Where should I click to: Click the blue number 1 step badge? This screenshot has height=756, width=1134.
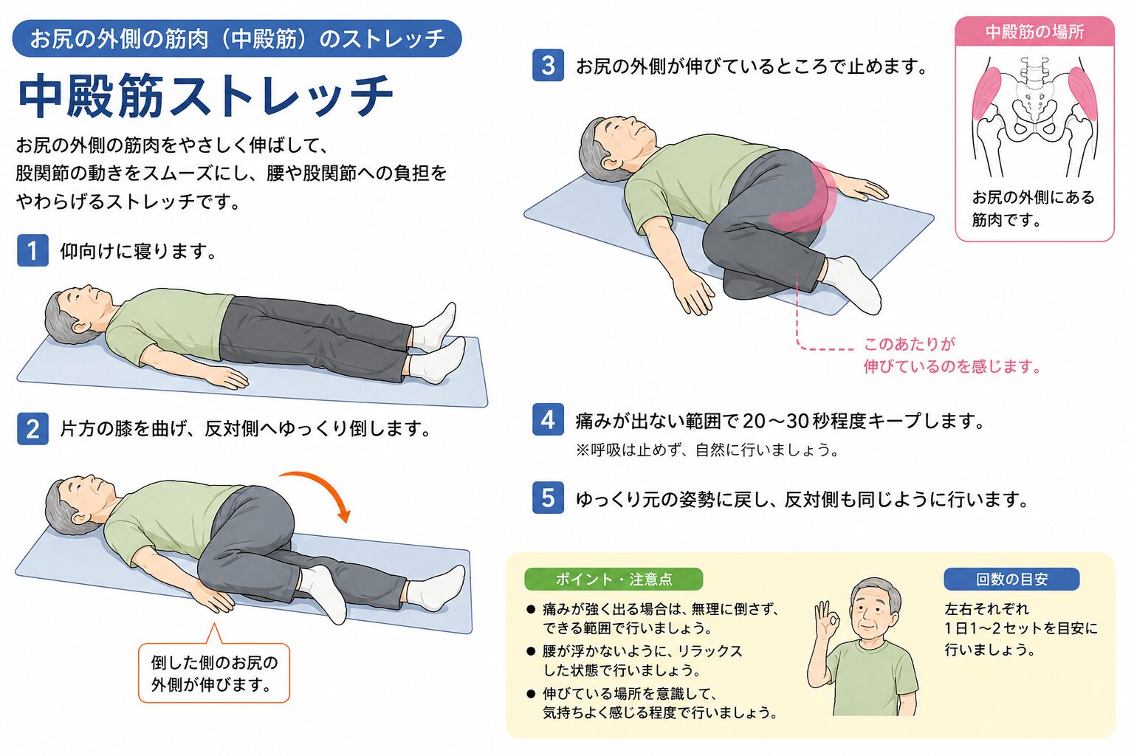click(33, 250)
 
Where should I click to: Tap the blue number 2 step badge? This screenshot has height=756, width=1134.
click(33, 428)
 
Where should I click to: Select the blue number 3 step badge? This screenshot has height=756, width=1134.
click(548, 65)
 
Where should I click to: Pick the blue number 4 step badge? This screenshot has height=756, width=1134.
click(548, 419)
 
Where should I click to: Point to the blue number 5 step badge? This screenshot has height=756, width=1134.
click(548, 498)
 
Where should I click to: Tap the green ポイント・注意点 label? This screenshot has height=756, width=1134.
click(614, 579)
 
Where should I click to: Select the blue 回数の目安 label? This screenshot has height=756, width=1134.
click(1011, 579)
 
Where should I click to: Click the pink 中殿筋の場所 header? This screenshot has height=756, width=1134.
click(1035, 32)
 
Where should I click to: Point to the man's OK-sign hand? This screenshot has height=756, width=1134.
click(826, 620)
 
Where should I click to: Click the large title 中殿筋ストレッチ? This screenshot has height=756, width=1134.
click(205, 96)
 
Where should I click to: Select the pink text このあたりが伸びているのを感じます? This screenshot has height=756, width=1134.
click(952, 355)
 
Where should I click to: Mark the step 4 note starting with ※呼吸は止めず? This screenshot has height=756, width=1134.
click(707, 450)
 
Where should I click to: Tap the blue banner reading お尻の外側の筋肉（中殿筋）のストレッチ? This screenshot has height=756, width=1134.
click(237, 38)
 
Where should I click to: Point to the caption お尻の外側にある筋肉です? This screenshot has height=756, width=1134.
click(1033, 208)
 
